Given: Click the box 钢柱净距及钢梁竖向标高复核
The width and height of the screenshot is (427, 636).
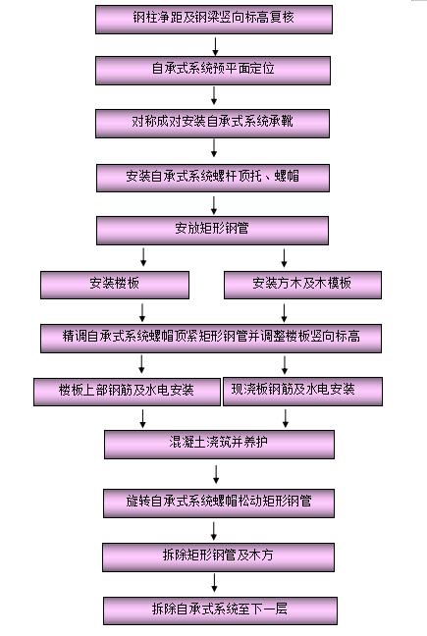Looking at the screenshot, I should tap(214, 19).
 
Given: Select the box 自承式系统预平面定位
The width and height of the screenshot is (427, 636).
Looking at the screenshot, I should tap(214, 70).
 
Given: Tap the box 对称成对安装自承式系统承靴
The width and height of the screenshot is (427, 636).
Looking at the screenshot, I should tap(212, 123).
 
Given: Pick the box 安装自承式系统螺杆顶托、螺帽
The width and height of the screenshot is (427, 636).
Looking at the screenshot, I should tap(212, 178).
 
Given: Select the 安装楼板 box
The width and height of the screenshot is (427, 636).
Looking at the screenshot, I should tap(114, 285).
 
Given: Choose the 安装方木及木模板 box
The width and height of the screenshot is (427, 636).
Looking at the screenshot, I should tap(301, 285).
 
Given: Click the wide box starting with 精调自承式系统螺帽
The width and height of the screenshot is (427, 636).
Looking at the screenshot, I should tap(210, 338).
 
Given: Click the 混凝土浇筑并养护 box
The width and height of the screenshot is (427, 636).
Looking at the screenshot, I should tap(212, 445).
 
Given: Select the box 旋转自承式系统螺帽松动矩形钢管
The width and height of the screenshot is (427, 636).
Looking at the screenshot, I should tap(219, 503).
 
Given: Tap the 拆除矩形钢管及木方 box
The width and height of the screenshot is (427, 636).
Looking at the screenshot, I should tap(219, 556).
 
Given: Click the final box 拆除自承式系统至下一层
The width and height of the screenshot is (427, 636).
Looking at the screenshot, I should tap(219, 609).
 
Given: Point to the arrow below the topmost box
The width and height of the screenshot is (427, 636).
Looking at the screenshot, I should tap(214, 44).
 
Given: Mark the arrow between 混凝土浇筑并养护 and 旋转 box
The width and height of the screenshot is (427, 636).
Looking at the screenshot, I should tap(216, 474).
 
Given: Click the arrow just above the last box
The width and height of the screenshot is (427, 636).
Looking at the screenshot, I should tap(216, 583).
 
